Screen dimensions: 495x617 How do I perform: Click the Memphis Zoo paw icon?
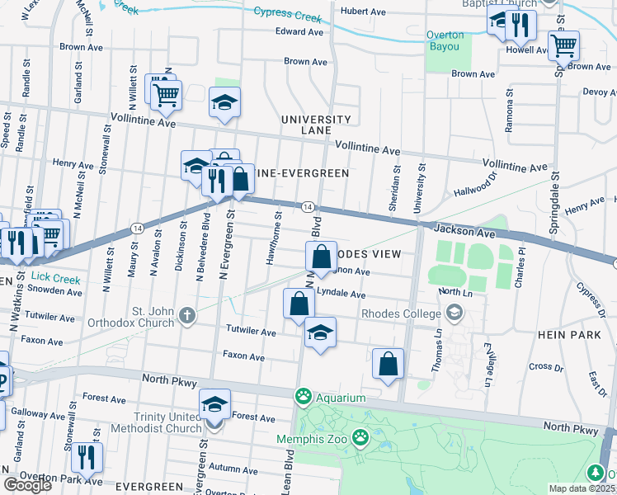point(360,436)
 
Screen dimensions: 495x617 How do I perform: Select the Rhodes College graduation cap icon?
point(453,313)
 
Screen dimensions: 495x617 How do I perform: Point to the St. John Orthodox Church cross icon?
point(187,313)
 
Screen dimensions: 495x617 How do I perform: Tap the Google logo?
point(27,485)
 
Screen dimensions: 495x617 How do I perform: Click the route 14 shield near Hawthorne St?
point(306,206)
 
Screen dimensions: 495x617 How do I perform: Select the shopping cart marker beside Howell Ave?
point(563,45)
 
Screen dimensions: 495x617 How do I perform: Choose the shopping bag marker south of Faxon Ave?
point(388,364)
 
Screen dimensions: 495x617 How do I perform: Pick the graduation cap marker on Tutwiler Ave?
point(320,332)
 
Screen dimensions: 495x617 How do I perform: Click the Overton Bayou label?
point(445,40)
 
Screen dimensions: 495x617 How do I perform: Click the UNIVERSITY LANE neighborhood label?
point(316,125)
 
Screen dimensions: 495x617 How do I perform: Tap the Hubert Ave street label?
point(363,12)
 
